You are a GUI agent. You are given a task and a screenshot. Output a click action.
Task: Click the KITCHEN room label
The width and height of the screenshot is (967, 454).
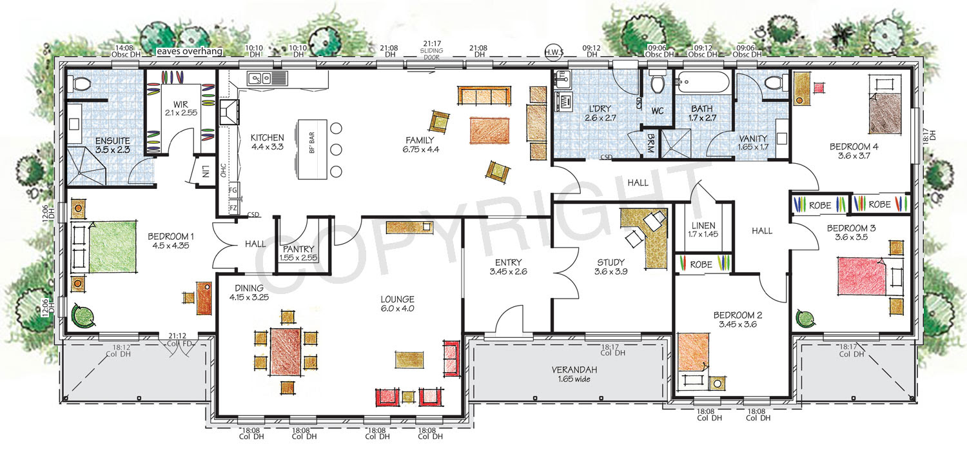268,138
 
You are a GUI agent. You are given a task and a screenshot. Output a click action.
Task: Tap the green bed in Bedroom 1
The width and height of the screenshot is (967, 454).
112,246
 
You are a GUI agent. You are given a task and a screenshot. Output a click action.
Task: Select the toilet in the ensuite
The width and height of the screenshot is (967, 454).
79,84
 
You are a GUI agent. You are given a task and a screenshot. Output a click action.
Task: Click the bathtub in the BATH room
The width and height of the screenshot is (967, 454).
702,82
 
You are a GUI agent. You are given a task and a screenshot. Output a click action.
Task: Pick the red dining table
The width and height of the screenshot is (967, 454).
286,351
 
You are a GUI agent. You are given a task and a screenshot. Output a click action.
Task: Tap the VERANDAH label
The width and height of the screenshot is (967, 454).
574,370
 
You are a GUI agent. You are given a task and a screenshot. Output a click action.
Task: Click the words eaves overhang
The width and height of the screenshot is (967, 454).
190,51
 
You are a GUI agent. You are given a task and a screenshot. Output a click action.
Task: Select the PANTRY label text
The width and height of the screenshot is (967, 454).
298,249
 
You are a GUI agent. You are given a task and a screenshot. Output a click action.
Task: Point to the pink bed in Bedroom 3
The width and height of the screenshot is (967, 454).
862,277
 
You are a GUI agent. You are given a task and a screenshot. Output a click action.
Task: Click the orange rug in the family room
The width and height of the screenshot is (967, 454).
489,130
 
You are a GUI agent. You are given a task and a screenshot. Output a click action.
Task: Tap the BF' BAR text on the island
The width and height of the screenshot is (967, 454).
311,143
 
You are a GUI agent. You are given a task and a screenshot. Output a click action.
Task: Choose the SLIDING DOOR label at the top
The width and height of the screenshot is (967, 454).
432,54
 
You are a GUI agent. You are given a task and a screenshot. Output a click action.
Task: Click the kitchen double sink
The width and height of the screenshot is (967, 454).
260,79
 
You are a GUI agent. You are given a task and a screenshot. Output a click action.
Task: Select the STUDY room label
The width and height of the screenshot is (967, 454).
611,262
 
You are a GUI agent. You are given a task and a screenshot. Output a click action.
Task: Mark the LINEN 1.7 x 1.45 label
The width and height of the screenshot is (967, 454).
703,230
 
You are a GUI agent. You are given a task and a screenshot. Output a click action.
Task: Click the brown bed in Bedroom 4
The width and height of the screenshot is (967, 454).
885,112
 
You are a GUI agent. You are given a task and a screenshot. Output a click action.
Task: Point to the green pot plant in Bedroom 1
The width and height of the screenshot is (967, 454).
83,316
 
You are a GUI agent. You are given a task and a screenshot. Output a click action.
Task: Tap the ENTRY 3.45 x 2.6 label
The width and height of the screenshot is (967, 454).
508,267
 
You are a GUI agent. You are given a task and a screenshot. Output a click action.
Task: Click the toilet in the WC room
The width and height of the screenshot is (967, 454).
658,83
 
